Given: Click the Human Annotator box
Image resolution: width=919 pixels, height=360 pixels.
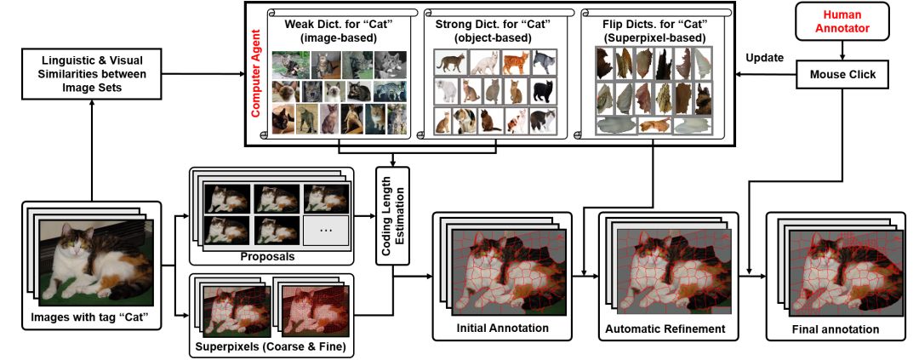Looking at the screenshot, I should [x=842, y=26].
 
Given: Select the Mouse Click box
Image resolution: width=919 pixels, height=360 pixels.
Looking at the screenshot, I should [x=842, y=75].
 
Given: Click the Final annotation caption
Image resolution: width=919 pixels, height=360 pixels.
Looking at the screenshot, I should [x=829, y=329].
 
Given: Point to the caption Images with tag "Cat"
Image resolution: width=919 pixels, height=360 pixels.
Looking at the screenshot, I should [x=91, y=319].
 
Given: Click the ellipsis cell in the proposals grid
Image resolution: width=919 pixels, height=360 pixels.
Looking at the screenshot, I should [x=326, y=229].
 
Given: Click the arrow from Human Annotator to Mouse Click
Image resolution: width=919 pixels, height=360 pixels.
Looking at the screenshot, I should [x=842, y=53].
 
